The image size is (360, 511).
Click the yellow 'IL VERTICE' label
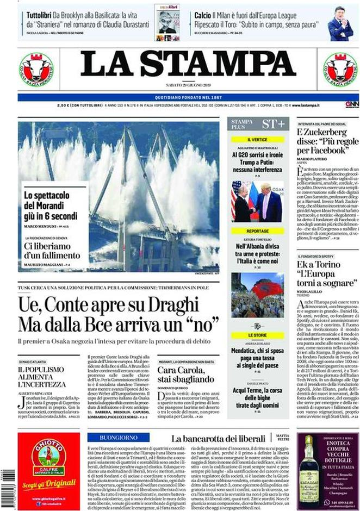(257, 140)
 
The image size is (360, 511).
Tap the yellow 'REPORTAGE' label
(257, 231)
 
